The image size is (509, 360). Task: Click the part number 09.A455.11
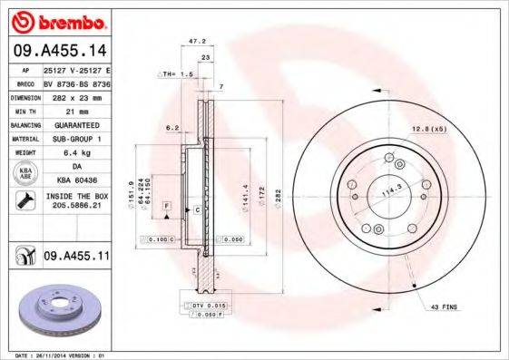[x=76, y=258]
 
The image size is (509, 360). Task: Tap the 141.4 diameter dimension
[x=245, y=198]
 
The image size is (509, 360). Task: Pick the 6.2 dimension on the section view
[x=171, y=128]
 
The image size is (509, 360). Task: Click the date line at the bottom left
[x=59, y=355]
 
